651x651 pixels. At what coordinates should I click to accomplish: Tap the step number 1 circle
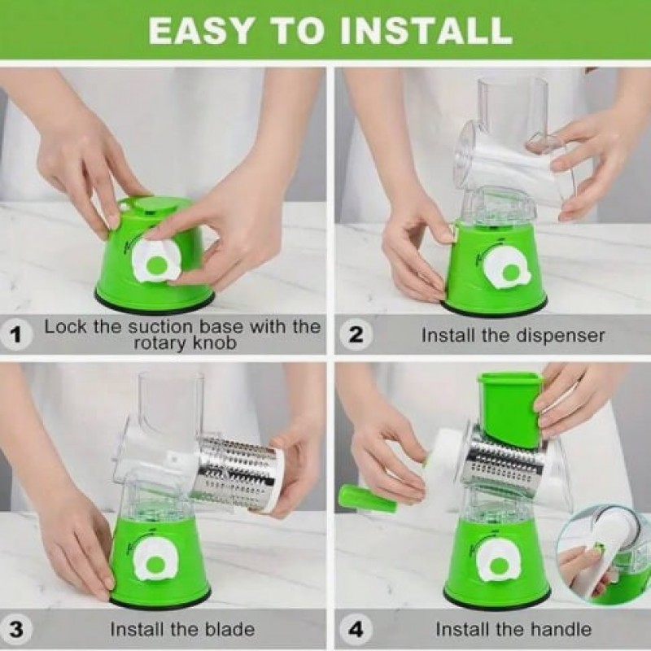pos(15,335)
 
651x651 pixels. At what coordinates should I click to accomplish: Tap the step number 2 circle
pos(355,334)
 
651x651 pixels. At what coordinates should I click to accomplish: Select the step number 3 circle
pos(15,629)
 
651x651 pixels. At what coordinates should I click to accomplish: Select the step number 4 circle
pos(355,629)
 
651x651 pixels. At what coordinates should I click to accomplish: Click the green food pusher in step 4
pos(511,409)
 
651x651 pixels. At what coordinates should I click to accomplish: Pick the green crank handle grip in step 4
pos(367,500)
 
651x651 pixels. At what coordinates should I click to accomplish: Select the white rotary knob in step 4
pos(498,565)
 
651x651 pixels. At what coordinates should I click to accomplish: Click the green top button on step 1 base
pos(152,207)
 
